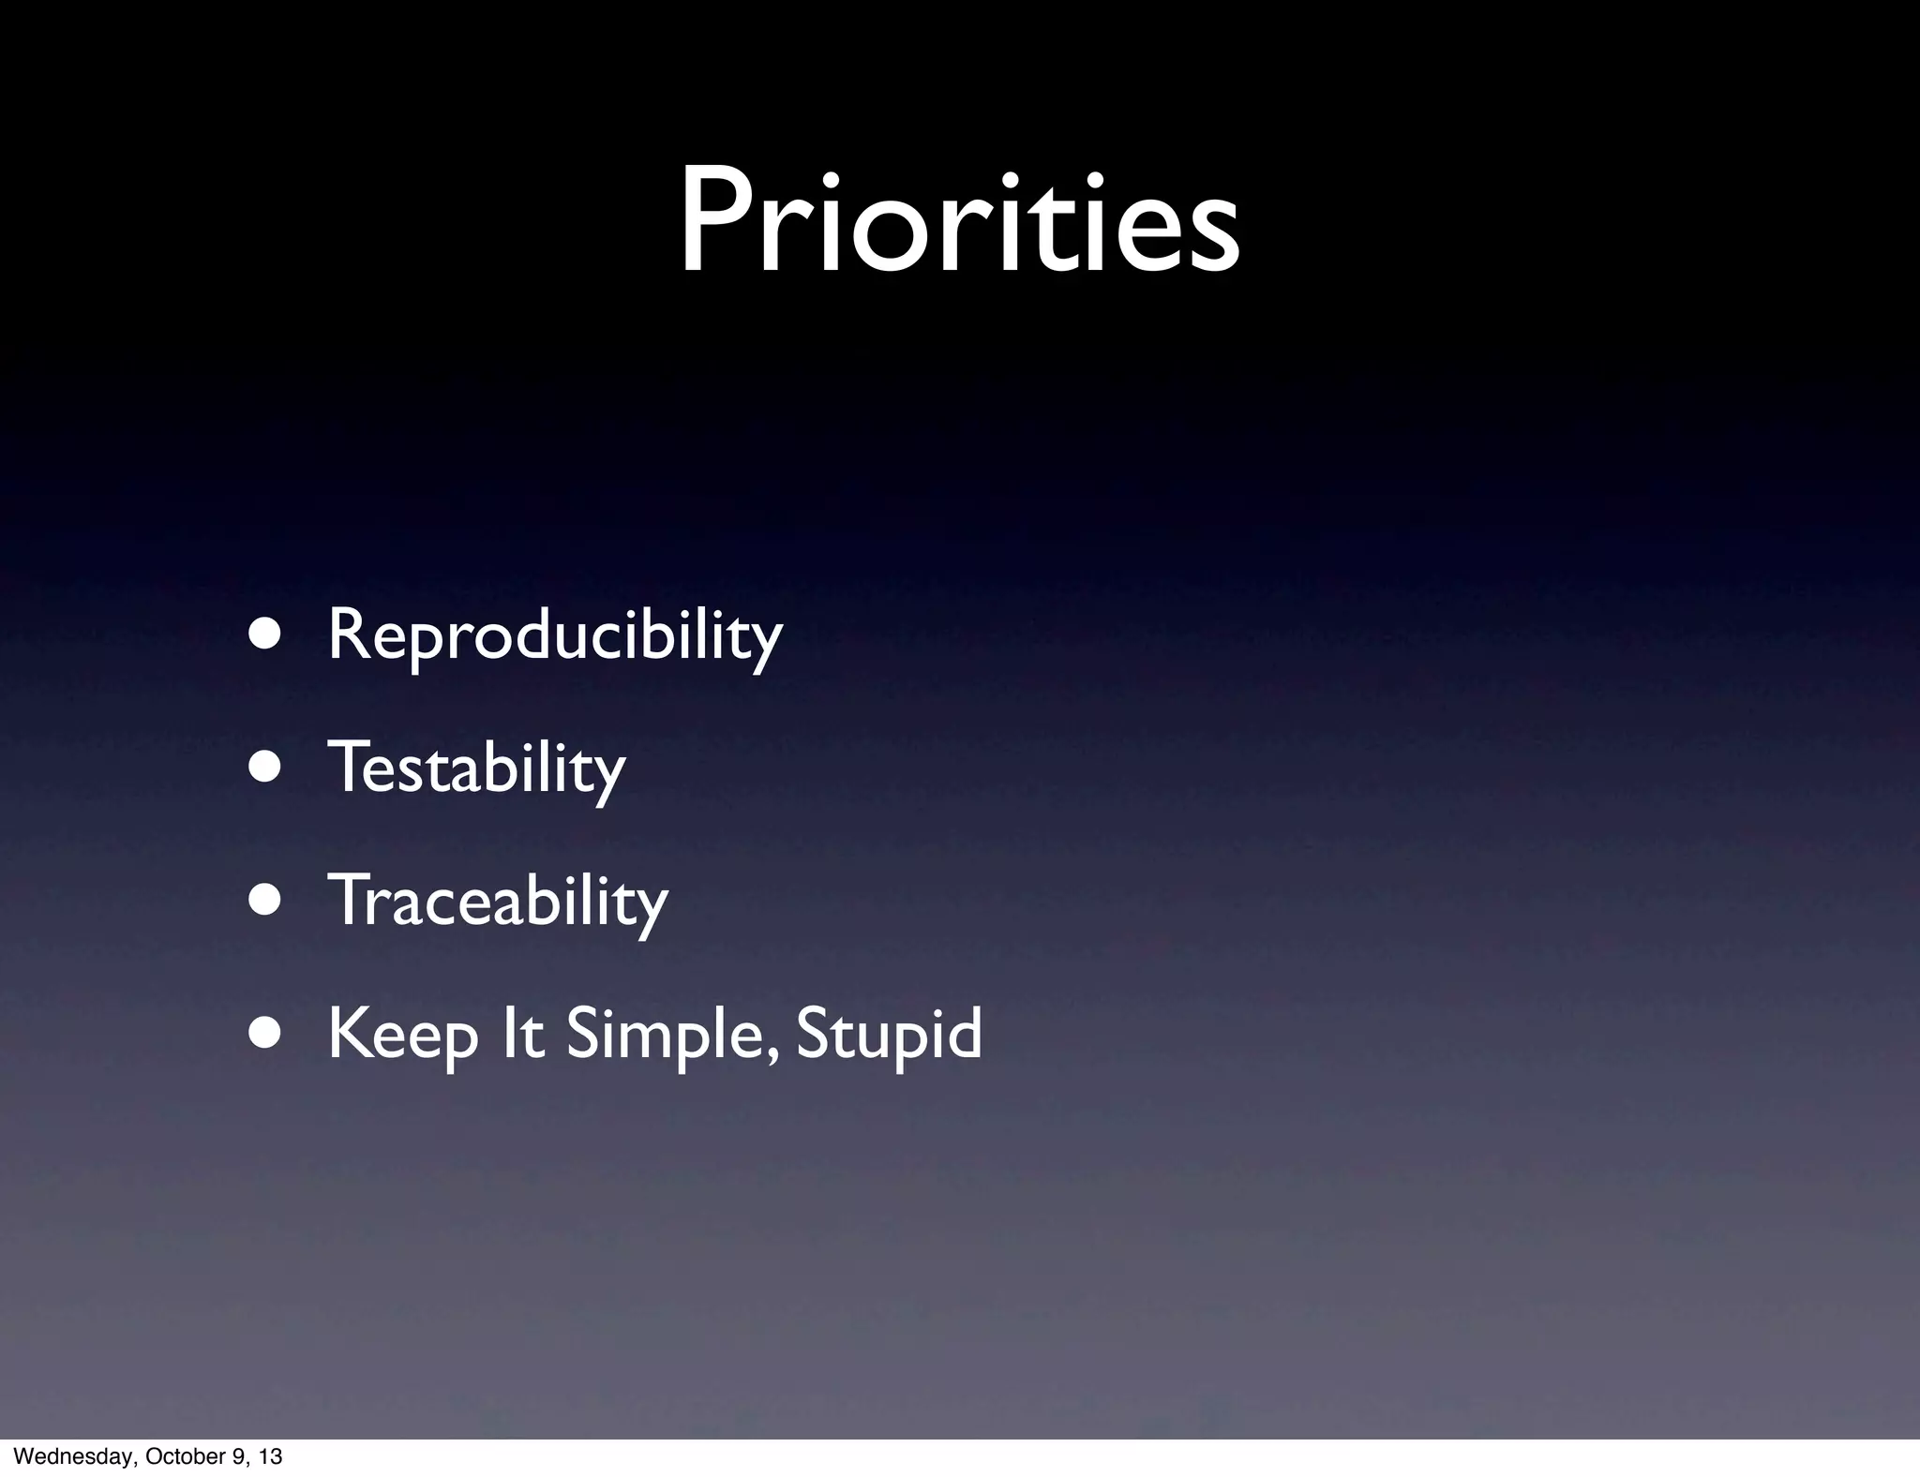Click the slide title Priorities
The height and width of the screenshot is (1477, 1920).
(x=959, y=221)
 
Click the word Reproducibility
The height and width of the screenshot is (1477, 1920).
(x=554, y=636)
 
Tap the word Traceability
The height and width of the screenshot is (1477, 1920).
(x=497, y=901)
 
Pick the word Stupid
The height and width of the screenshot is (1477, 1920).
(x=888, y=1035)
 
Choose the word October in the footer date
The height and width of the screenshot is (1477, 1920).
(x=175, y=1456)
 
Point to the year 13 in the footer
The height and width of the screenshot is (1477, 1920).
(x=270, y=1456)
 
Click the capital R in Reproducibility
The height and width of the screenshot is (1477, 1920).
(x=350, y=634)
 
